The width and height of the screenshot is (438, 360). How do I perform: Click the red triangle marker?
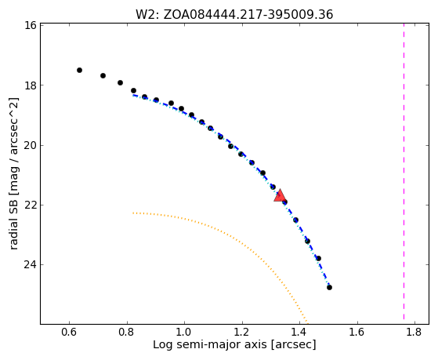pos(280,195)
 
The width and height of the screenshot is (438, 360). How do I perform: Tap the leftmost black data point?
pos(79,71)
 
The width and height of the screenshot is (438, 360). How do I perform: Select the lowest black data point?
pos(329,287)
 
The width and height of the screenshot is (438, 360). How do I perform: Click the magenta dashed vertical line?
pos(404,171)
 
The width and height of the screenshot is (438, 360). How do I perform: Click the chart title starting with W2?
pos(234,15)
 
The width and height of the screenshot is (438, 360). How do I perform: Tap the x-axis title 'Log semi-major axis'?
pos(234,344)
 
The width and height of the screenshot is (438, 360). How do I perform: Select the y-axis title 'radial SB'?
pos(14,173)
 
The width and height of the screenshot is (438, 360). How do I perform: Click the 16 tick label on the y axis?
pos(31,25)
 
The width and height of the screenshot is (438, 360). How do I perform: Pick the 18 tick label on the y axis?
pos(31,85)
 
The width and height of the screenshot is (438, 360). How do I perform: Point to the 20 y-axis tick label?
pos(31,145)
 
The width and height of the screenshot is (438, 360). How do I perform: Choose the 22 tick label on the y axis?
pos(31,205)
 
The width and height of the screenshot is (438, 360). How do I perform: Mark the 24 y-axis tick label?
pos(31,264)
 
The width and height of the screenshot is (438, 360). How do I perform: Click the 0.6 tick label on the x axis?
pos(69,332)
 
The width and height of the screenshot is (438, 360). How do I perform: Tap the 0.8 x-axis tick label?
pos(127,332)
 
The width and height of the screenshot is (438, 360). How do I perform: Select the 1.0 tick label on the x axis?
pos(184,332)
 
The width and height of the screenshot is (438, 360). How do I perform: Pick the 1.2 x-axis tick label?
pos(242,332)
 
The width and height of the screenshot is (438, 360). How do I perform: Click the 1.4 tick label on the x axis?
pos(299,332)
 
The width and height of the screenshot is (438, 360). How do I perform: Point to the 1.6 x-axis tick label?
pos(357,332)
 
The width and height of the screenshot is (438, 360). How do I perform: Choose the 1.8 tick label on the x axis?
pos(414,332)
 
